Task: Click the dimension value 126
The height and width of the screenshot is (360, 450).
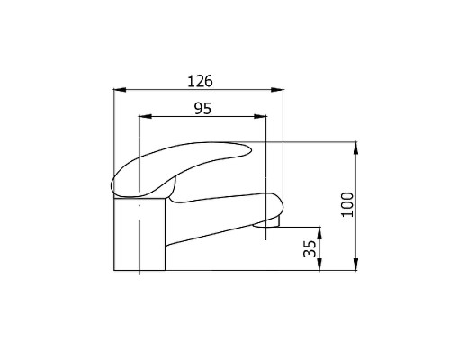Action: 200,81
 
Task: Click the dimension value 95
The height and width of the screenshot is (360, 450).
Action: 203,108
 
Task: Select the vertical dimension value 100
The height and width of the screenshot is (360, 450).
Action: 347,204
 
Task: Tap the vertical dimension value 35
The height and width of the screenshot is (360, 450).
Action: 310,248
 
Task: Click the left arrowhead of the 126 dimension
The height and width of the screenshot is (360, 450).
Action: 120,89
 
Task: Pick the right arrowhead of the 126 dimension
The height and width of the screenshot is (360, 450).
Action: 277,89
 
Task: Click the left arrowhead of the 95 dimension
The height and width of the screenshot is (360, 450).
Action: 145,116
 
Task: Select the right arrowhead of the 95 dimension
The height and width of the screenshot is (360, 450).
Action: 260,116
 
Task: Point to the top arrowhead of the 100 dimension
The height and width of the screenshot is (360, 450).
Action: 355,148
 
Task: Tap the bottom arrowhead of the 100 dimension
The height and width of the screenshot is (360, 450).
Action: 355,265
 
